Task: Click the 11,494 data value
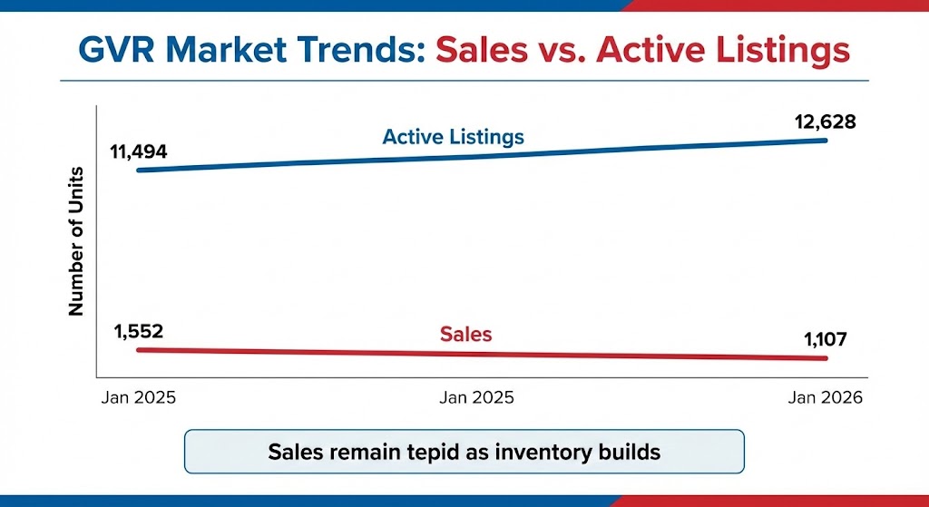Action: [139, 151]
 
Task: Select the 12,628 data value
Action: [817, 122]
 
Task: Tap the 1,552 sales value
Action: [139, 331]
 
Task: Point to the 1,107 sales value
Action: [826, 339]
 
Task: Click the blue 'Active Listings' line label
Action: [454, 138]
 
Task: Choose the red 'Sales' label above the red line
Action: [465, 334]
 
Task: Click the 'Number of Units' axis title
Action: [76, 241]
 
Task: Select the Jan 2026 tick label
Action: [826, 397]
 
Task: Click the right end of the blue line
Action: [826, 141]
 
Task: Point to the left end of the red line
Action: [139, 350]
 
